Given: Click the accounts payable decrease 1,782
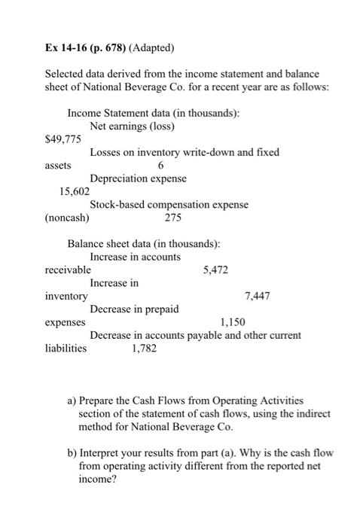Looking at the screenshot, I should pyautogui.click(x=145, y=348).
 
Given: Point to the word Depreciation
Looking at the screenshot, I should pyautogui.click(x=119, y=178).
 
